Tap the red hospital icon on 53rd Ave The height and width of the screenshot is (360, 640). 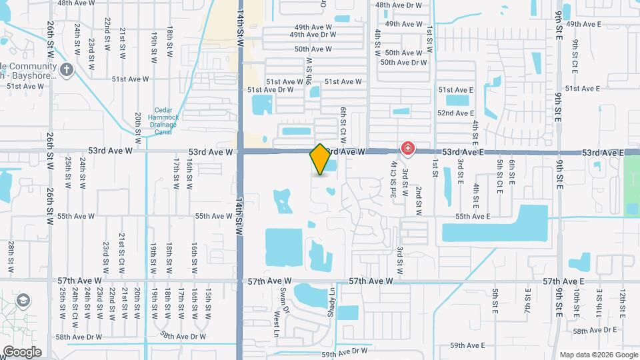click(407, 148)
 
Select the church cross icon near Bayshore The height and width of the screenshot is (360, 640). click(66, 69)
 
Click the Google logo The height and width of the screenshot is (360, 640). click(22, 352)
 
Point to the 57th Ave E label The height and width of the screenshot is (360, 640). click(563, 282)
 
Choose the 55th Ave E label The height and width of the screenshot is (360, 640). click(473, 217)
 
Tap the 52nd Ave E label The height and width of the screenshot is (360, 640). click(455, 113)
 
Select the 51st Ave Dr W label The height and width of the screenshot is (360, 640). click(270, 89)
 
